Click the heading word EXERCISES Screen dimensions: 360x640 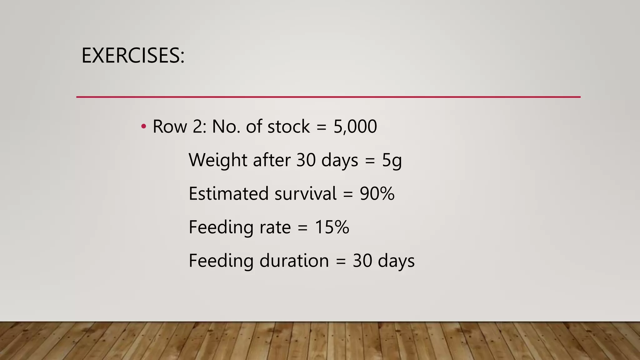point(133,56)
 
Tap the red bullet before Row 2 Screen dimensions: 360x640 point(143,127)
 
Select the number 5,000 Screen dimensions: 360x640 point(355,127)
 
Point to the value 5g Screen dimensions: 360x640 point(392,160)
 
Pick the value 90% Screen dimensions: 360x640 point(377,193)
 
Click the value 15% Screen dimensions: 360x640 point(332,227)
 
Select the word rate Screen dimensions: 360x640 point(275,227)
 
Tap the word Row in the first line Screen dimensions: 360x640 point(170,127)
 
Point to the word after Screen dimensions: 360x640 point(272,160)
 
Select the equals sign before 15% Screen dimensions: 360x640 point(302,227)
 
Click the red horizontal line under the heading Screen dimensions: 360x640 point(328,97)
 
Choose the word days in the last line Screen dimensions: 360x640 point(396,261)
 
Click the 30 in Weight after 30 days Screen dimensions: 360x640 point(306,160)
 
